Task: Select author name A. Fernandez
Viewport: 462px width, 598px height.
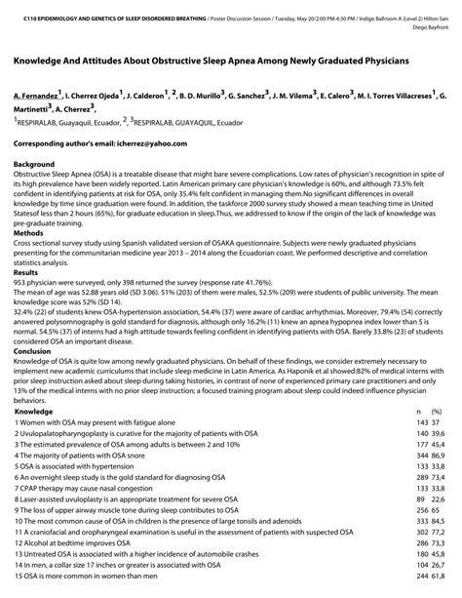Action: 35,98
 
